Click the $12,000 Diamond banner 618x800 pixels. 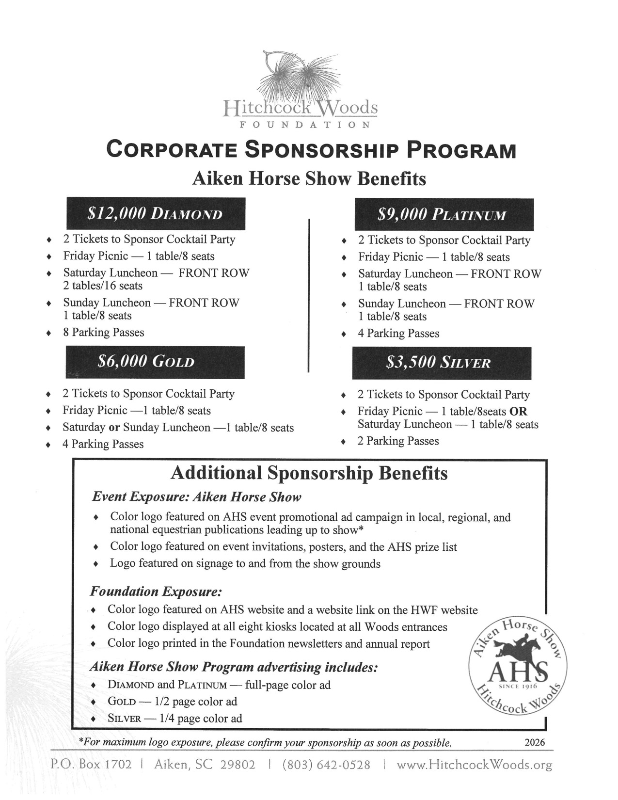(x=156, y=214)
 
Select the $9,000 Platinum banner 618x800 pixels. (x=444, y=214)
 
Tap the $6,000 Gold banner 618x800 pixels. (x=155, y=362)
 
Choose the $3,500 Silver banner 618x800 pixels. (x=442, y=363)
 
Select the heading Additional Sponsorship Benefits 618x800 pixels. (x=309, y=473)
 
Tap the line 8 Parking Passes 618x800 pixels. (x=103, y=333)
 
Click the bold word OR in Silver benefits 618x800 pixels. (x=518, y=412)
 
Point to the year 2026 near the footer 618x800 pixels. (x=535, y=742)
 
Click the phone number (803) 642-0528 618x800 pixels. (x=326, y=765)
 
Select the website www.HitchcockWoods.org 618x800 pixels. (x=474, y=765)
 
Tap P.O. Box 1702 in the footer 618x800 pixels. (x=91, y=765)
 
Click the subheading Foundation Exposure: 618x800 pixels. (x=156, y=592)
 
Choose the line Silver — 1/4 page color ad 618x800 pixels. (x=174, y=719)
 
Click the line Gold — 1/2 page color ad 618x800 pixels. (x=172, y=702)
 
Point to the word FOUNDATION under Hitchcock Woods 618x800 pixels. (x=305, y=125)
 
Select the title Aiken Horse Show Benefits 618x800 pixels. (x=309, y=179)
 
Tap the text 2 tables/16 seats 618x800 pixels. (x=103, y=286)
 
